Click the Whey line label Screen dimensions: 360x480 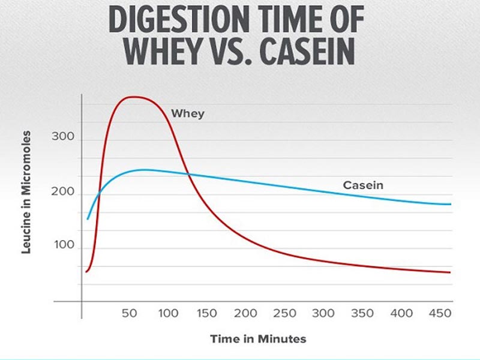pyautogui.click(x=188, y=113)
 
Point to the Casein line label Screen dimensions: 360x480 pyautogui.click(x=363, y=185)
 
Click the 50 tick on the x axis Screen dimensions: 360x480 pyautogui.click(x=130, y=313)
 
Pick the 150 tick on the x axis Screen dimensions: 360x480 pyautogui.click(x=206, y=313)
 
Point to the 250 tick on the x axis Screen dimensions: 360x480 pyautogui.click(x=284, y=313)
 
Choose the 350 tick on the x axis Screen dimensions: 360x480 pyautogui.click(x=362, y=313)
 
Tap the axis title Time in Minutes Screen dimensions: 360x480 pyautogui.click(x=258, y=339)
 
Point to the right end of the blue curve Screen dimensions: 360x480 pyautogui.click(x=450, y=204)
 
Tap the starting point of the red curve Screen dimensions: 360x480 pyautogui.click(x=86, y=272)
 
